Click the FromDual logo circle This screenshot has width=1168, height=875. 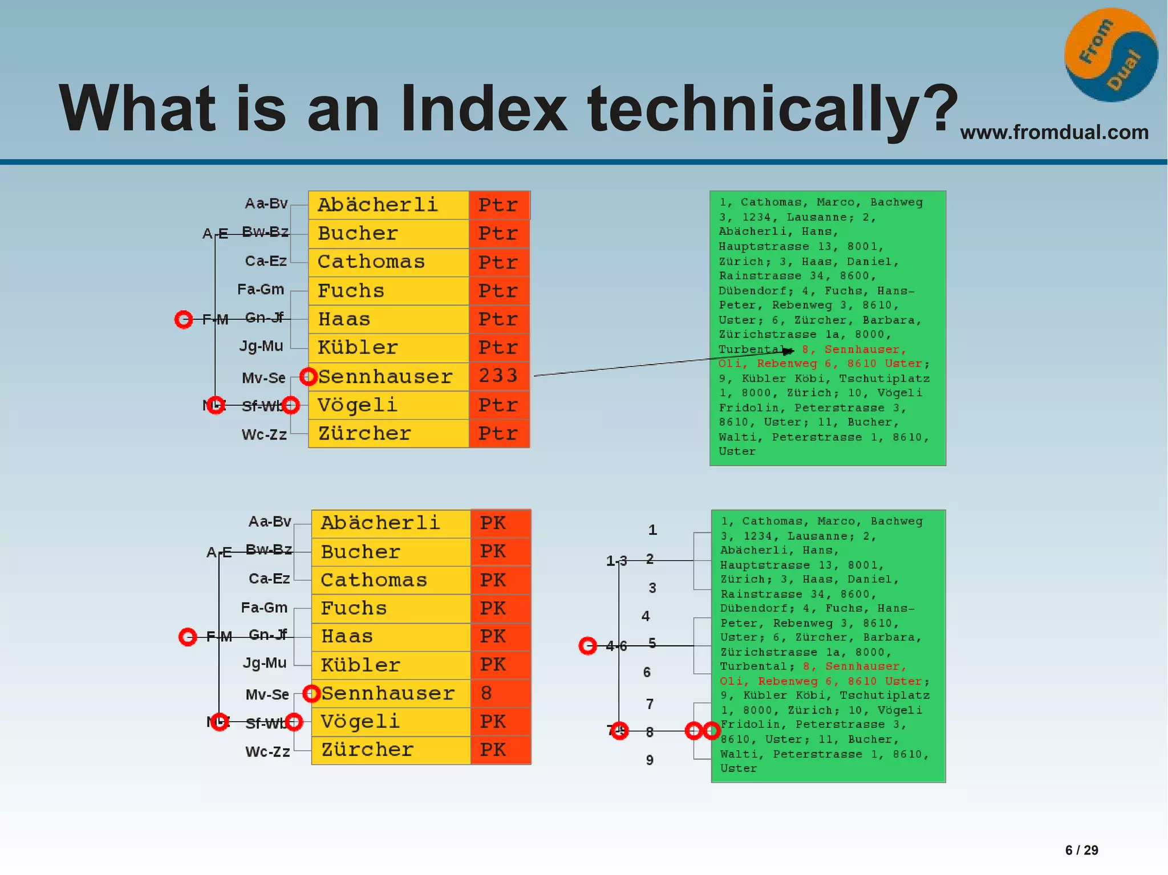coord(1110,55)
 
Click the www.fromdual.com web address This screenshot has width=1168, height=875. coord(1054,132)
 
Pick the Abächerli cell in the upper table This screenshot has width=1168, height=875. coord(388,205)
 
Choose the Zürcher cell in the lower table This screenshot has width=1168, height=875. coord(391,750)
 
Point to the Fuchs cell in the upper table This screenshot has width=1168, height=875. coord(388,291)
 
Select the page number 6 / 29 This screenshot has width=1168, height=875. coord(1081,850)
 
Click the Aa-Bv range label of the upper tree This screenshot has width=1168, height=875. coord(266,204)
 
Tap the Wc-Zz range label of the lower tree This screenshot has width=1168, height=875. coord(267,752)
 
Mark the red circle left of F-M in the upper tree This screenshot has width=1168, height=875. coord(184,319)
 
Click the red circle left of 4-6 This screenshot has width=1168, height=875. coord(587,645)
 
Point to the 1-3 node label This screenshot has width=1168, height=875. coord(616,561)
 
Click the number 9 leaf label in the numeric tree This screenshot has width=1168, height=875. coord(650,760)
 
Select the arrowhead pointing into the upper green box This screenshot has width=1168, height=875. coord(789,351)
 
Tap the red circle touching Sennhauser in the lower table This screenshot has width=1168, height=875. coord(311,693)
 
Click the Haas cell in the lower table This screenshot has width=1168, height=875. coord(391,636)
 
